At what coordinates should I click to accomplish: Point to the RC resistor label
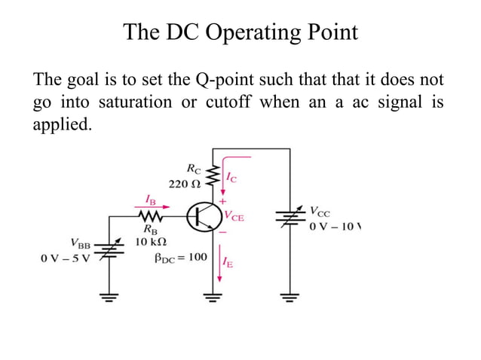coord(192,168)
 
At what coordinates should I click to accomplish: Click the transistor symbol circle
coord(204,217)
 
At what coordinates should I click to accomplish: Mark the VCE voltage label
coord(234,216)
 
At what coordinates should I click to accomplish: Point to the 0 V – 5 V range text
coord(66,258)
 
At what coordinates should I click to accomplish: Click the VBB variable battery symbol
coord(109,248)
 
